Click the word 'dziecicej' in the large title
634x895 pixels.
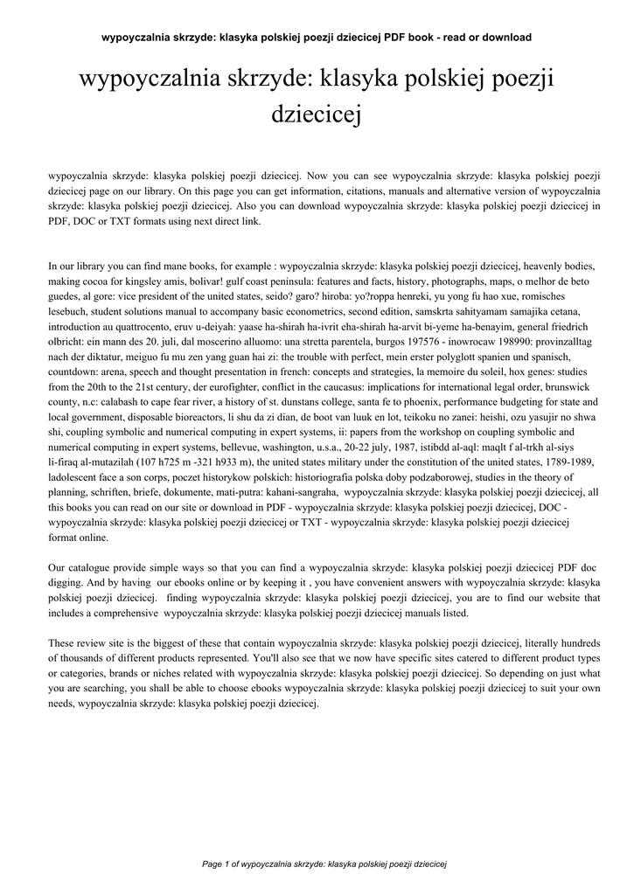(x=317, y=114)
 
